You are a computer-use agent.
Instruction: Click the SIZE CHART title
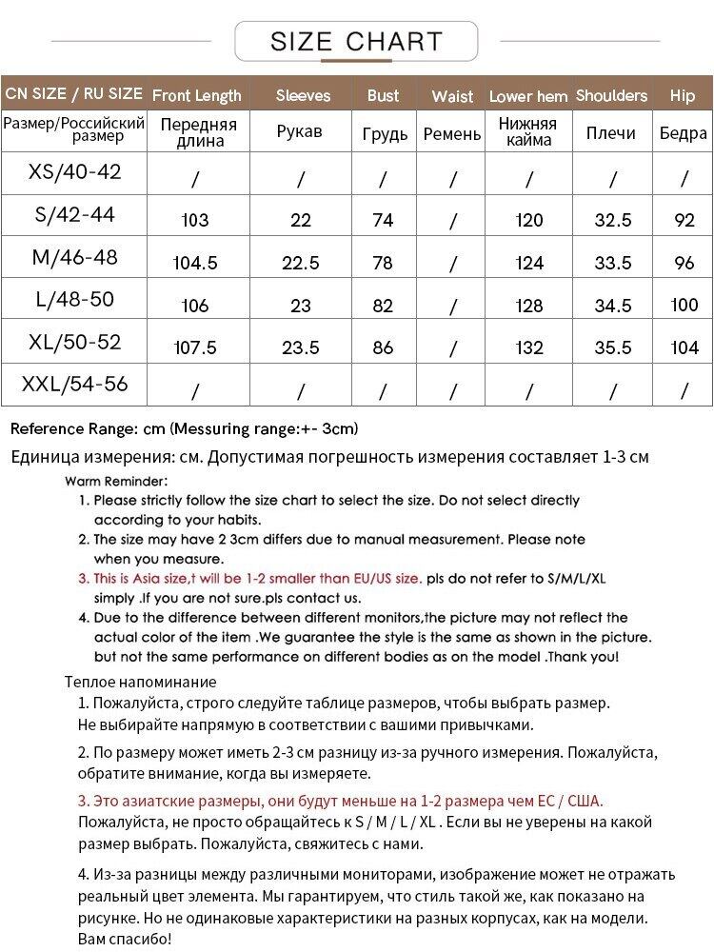click(x=356, y=42)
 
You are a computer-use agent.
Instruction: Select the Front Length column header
click(x=196, y=95)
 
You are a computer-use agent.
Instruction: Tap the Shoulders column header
click(x=612, y=95)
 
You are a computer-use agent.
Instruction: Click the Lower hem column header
click(x=528, y=96)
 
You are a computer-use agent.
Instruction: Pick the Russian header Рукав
click(x=301, y=132)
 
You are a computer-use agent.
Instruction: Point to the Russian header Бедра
click(x=684, y=133)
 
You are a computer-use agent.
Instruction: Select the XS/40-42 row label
click(x=75, y=172)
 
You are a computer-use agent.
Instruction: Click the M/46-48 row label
click(x=75, y=257)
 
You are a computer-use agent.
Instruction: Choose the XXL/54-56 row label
click(x=75, y=386)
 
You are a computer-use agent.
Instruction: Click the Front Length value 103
click(x=194, y=220)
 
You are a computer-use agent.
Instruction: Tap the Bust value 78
click(x=383, y=263)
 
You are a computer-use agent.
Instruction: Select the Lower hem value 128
click(x=528, y=306)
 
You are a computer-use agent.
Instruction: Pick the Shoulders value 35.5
click(x=613, y=347)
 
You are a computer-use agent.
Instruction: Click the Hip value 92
click(x=684, y=220)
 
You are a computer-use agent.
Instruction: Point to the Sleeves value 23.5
click(x=301, y=347)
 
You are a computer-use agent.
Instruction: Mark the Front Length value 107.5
click(x=195, y=347)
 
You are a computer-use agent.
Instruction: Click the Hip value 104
click(x=684, y=347)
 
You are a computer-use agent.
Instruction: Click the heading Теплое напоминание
click(x=140, y=682)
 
